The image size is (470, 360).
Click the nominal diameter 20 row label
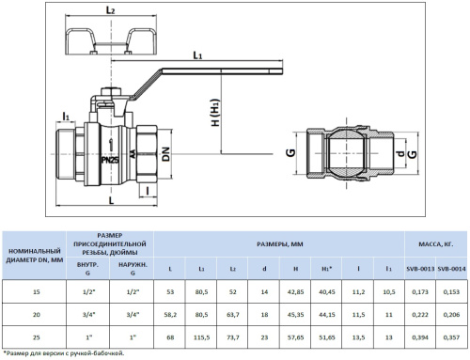36,314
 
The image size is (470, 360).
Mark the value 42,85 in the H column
296,293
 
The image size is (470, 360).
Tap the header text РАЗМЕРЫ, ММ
279,243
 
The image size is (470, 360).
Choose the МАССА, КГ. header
436,243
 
